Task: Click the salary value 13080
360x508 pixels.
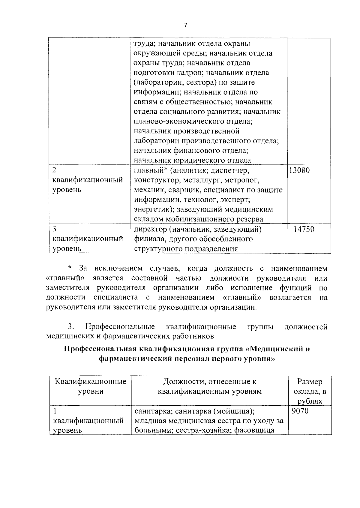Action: pyautogui.click(x=299, y=171)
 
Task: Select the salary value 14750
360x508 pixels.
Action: pyautogui.click(x=304, y=230)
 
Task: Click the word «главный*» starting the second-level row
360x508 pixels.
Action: pyautogui.click(x=150, y=171)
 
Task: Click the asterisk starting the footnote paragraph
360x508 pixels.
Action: pyautogui.click(x=70, y=268)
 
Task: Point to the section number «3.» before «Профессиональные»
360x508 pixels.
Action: pyautogui.click(x=71, y=327)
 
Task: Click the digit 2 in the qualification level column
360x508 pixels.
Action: pyautogui.click(x=54, y=170)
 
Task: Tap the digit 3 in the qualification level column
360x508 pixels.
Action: pyautogui.click(x=54, y=229)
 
